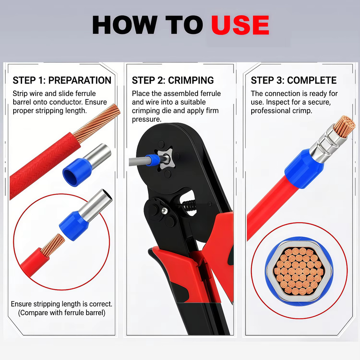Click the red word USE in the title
(240, 25)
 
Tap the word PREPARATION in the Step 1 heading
(80, 80)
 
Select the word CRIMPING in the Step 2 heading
(191, 80)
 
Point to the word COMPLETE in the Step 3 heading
(312, 80)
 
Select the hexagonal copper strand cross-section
(298, 271)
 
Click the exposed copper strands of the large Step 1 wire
(98, 123)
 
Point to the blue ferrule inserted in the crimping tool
(153, 160)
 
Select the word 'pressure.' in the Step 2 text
(146, 119)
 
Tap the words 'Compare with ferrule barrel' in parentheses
(62, 313)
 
